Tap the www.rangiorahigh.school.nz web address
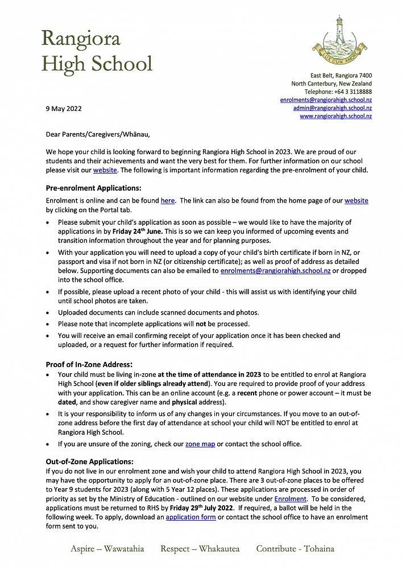click(x=335, y=116)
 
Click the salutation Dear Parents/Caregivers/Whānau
click(x=98, y=135)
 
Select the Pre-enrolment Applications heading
click(x=93, y=188)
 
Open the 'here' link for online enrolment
click(x=168, y=201)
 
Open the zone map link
click(x=200, y=444)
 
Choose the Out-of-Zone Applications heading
click(x=89, y=461)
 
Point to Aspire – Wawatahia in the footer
click(x=107, y=549)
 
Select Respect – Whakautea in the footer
click(x=200, y=549)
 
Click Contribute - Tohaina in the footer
click(x=295, y=549)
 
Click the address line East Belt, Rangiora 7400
click(x=341, y=76)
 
